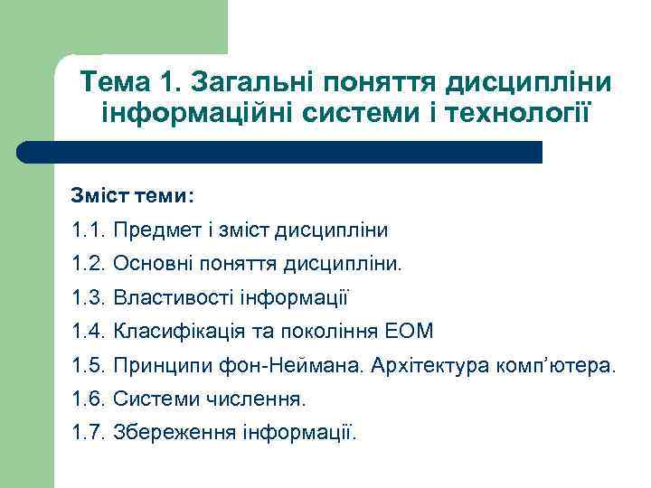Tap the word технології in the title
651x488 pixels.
pyautogui.click(x=525, y=115)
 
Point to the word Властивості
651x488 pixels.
pyautogui.click(x=171, y=297)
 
